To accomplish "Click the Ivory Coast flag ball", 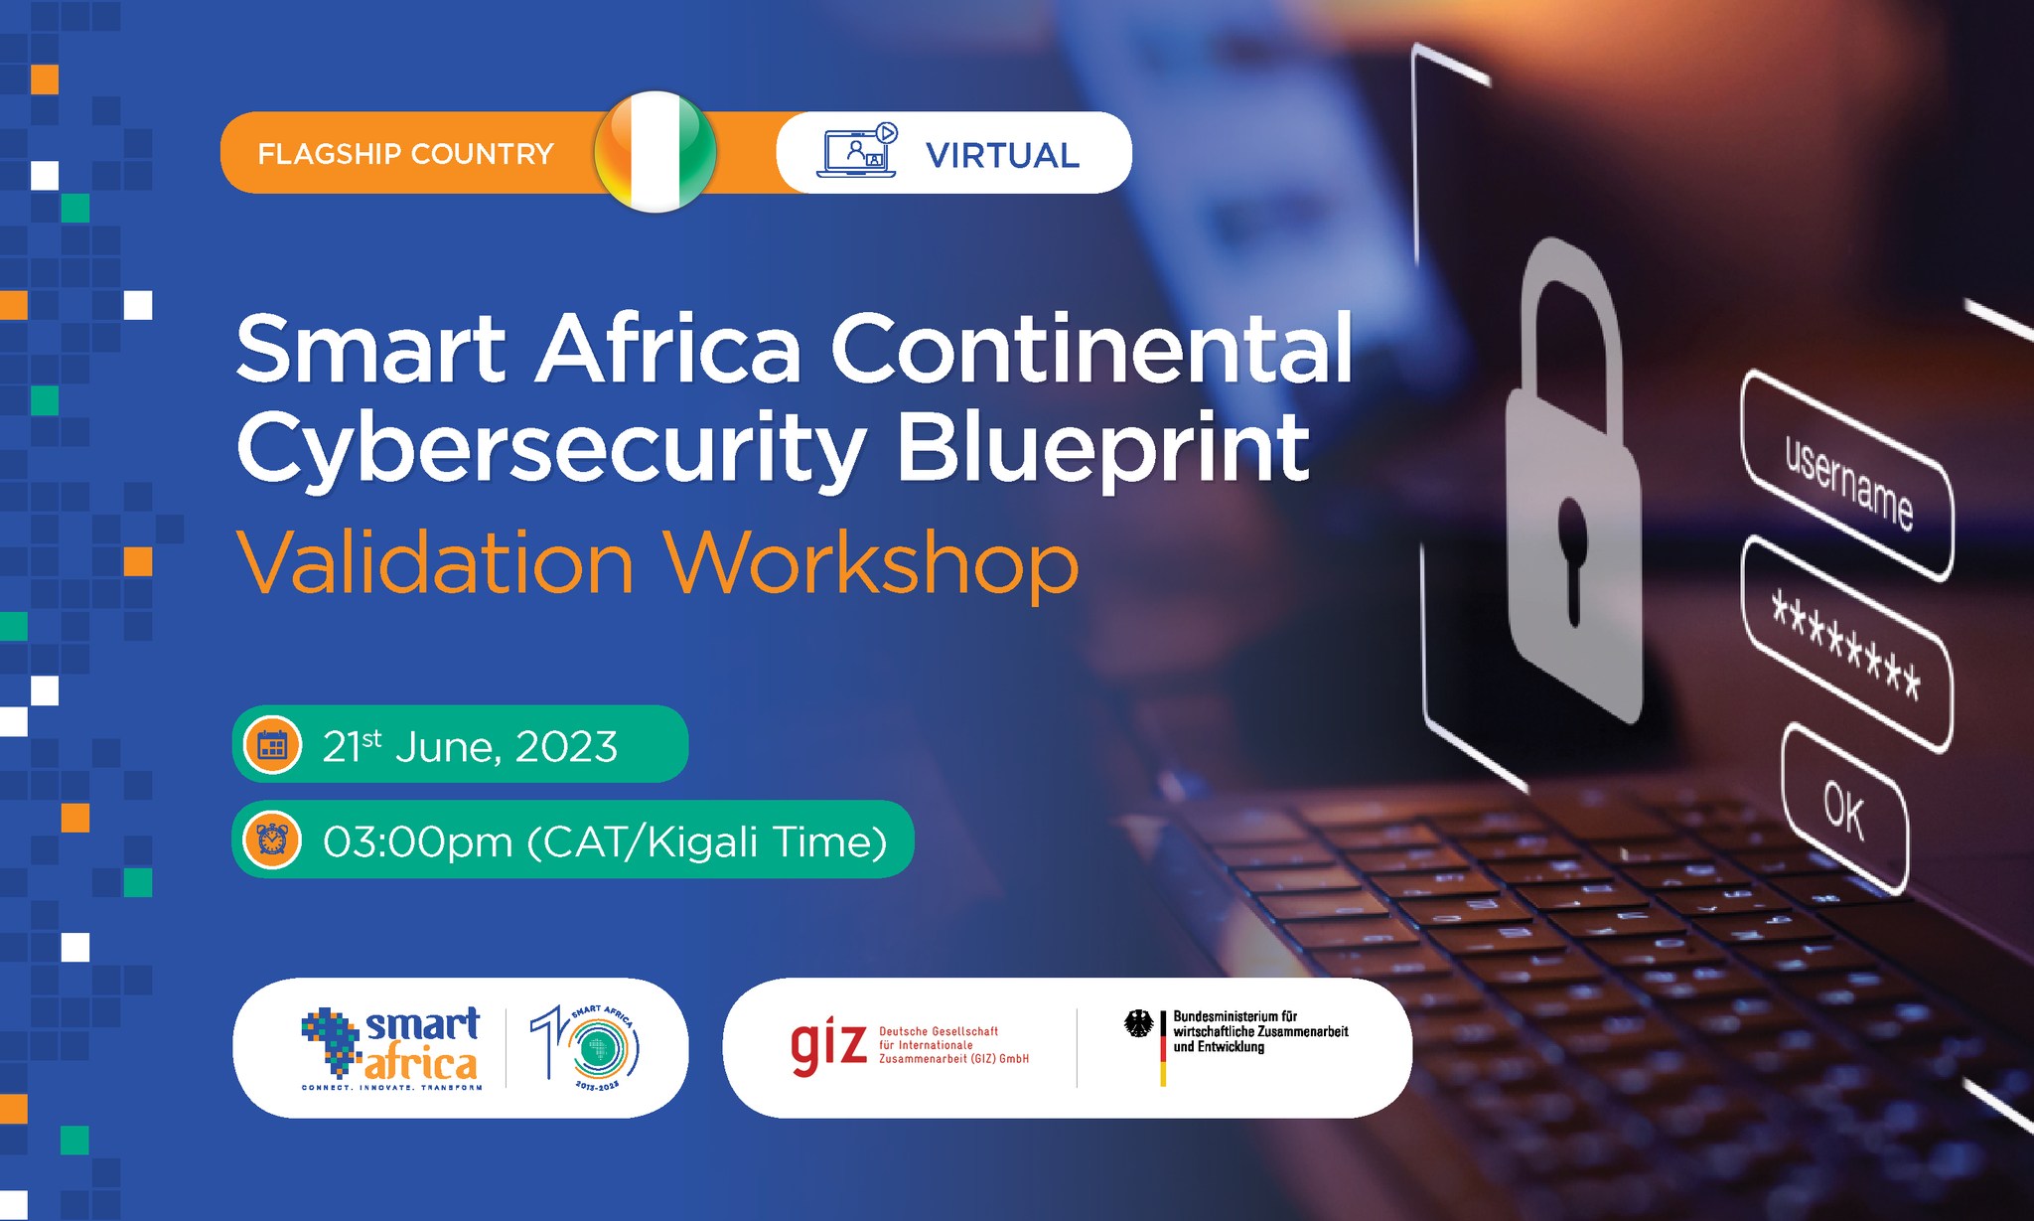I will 654,152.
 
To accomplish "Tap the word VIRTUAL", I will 1002,155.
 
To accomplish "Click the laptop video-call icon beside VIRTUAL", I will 858,151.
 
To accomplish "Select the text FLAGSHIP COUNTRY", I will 405,154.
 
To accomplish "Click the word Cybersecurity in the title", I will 551,450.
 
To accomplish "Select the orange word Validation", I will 435,563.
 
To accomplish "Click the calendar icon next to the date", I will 272,745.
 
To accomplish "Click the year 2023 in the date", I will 566,747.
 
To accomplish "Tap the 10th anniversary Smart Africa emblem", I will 587,1047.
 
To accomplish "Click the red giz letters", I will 828,1047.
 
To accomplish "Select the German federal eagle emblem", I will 1138,1023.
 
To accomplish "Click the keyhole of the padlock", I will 1571,561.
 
